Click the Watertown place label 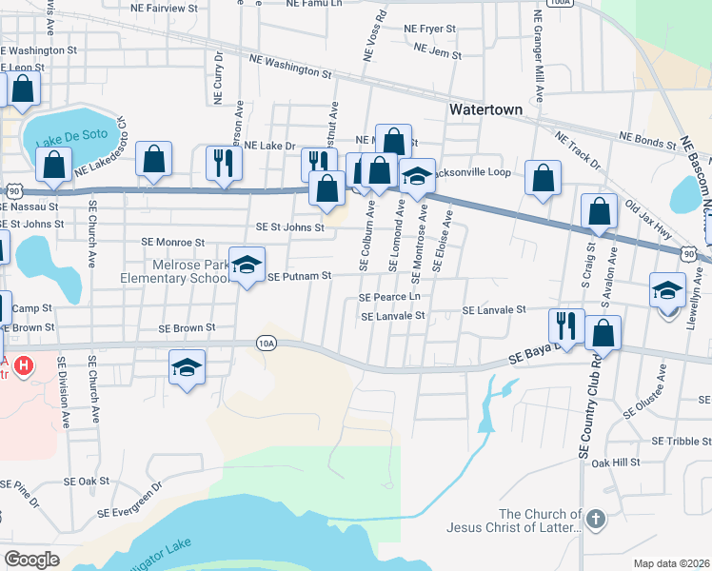[485, 109]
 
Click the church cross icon [595, 519]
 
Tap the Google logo [31, 559]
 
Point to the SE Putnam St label [299, 277]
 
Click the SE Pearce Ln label [389, 297]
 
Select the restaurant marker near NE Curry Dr [224, 162]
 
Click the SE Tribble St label [681, 442]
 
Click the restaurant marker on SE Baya [568, 325]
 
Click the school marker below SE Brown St [188, 366]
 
